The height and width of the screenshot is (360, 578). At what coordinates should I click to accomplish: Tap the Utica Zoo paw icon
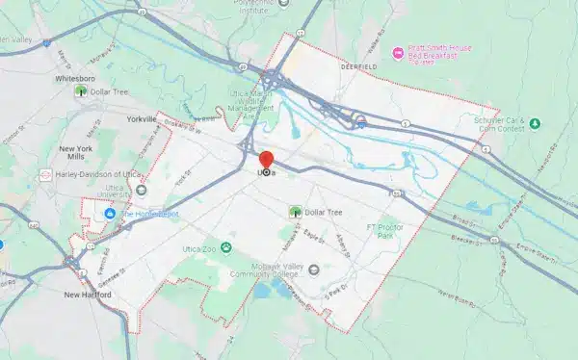226,248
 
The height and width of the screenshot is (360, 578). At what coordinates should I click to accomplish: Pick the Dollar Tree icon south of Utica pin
295,211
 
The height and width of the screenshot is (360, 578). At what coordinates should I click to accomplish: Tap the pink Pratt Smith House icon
396,50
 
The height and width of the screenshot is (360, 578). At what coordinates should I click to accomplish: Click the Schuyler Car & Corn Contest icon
535,123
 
